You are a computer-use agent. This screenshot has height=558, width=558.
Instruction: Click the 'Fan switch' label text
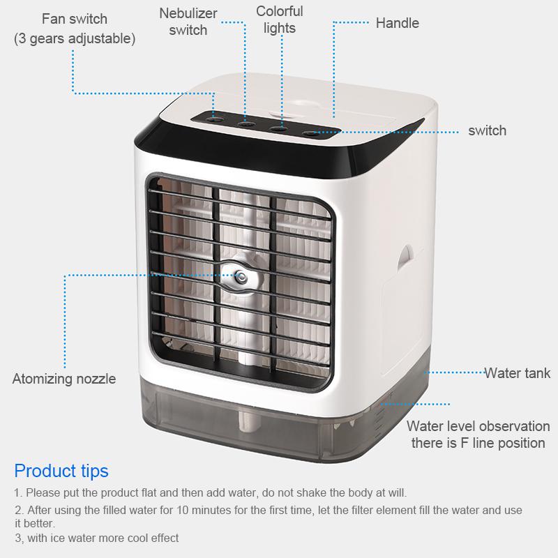coord(74,19)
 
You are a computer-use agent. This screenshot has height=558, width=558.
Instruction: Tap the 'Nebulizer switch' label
coord(188,22)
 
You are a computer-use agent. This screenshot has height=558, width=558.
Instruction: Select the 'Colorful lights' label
coord(280,20)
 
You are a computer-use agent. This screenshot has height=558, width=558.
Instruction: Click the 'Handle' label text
coord(397,23)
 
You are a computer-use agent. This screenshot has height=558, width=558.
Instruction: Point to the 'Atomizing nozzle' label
coord(64,379)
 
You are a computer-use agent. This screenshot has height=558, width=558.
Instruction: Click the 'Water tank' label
coord(518,373)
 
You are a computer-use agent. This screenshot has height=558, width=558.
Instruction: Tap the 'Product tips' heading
coord(61,471)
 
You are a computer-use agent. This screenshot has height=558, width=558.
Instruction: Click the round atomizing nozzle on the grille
coord(240,276)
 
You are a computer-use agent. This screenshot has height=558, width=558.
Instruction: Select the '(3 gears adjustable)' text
coord(75,38)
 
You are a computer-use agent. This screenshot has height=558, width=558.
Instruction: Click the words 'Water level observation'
coord(478,426)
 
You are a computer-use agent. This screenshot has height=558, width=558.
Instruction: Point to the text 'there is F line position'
coord(478,443)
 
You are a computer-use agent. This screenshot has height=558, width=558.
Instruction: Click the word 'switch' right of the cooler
coord(487,130)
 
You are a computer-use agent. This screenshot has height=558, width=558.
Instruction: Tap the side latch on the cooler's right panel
coord(405,258)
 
